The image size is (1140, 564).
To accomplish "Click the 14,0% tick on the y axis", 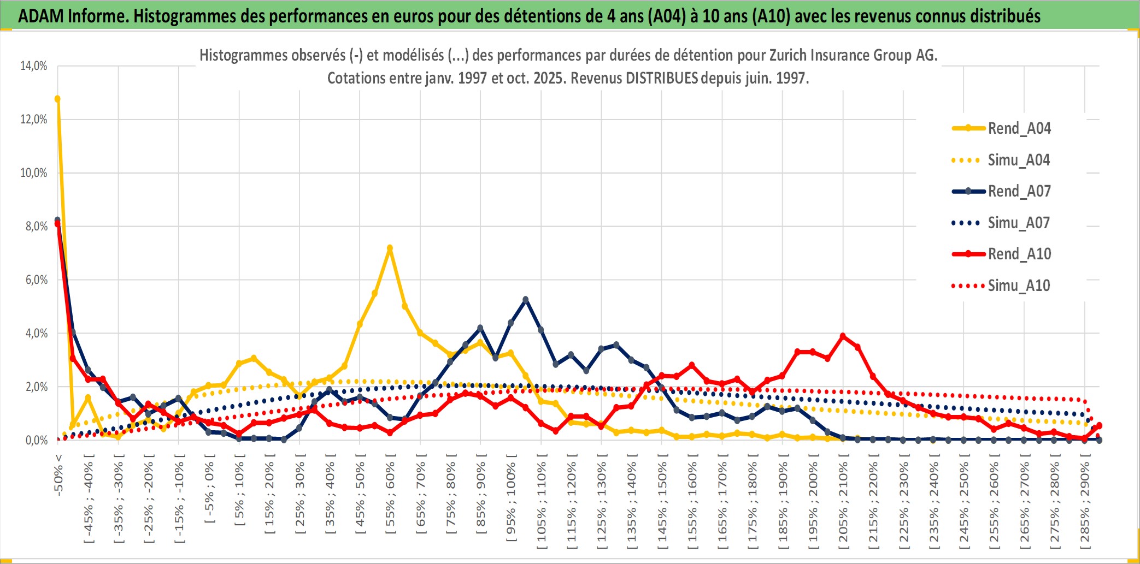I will tap(34, 66).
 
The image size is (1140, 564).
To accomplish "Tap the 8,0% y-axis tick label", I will tap(36, 227).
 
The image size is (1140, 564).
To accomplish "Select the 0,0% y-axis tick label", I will tap(36, 441).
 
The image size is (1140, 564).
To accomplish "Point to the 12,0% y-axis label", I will tap(34, 120).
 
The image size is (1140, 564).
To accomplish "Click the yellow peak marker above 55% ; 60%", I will tap(390, 248).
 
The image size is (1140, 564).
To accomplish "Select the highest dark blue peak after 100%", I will tap(526, 300).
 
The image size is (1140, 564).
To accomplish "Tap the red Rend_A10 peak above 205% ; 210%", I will tap(843, 336).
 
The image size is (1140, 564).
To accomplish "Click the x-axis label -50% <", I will tap(58, 474).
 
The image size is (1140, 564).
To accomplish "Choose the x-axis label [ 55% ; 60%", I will tap(390, 497).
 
